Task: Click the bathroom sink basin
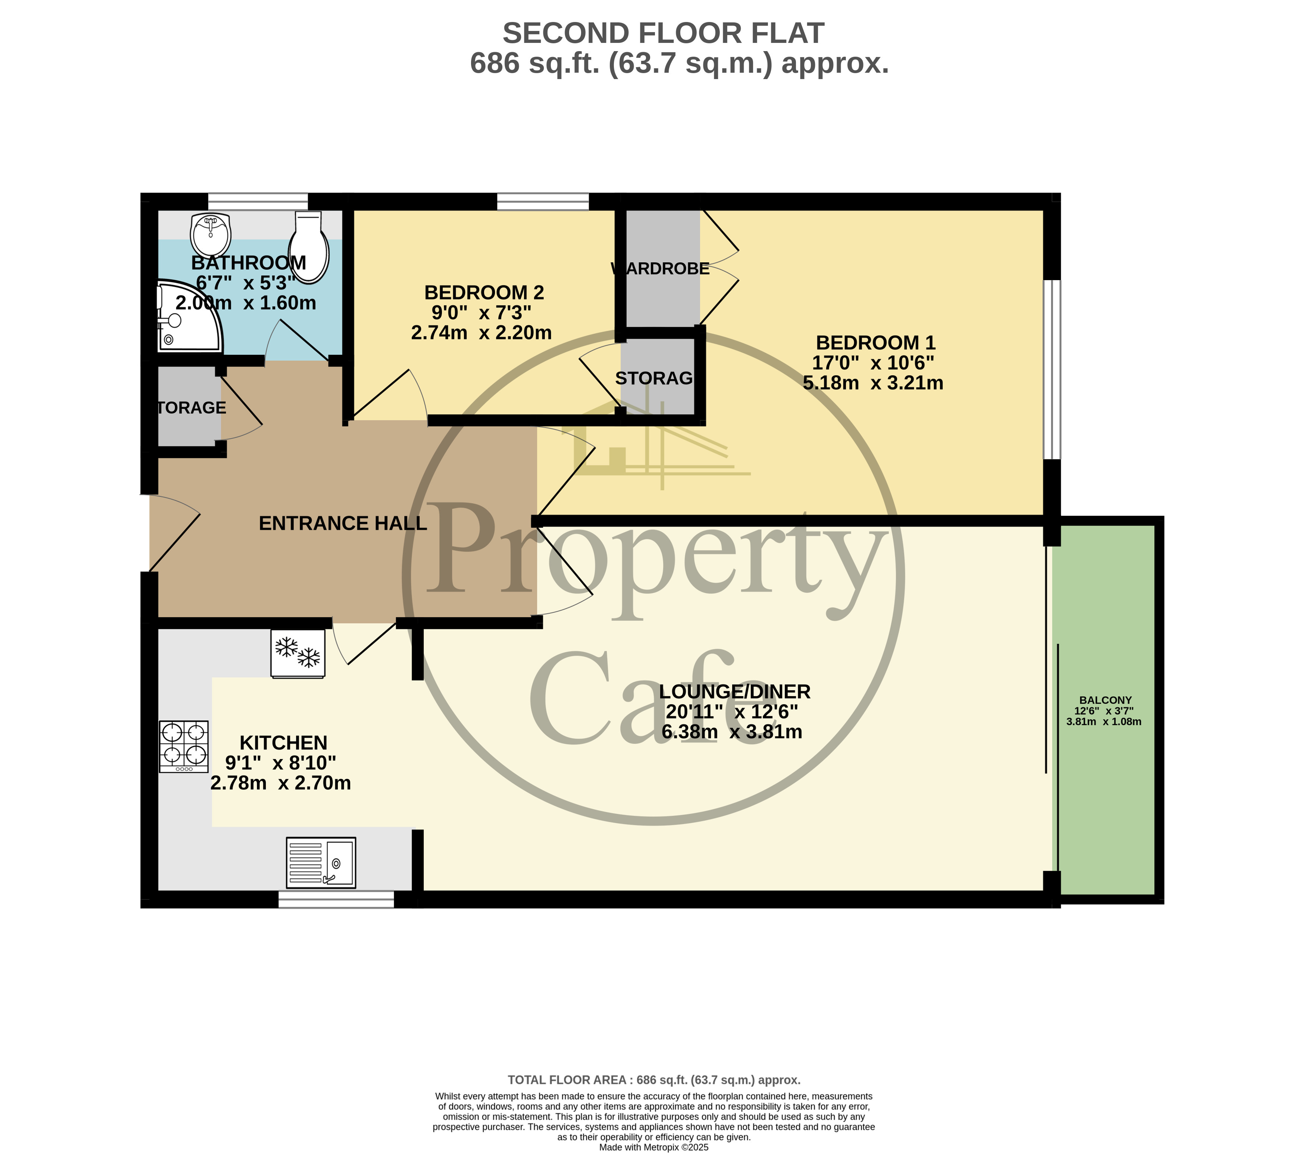click(210, 234)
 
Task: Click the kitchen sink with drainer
click(321, 862)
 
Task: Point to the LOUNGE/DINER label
click(735, 692)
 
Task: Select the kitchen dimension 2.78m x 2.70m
click(280, 783)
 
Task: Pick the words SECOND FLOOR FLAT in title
click(663, 33)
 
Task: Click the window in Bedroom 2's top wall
click(543, 201)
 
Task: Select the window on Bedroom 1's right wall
click(1052, 369)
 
